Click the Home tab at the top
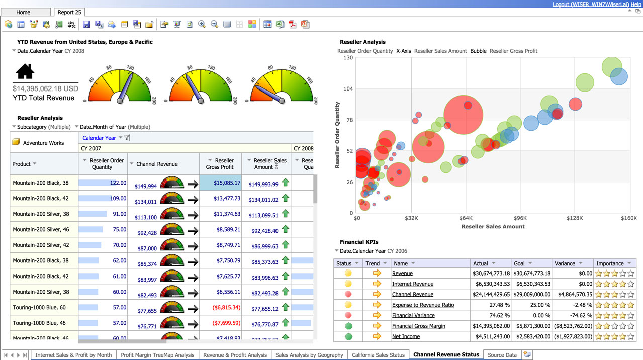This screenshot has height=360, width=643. coord(23,12)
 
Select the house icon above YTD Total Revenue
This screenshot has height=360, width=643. coord(25,72)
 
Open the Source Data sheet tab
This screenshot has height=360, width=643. coord(502,355)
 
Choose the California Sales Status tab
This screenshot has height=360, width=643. coord(378,355)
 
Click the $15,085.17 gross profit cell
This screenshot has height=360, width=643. coord(221,183)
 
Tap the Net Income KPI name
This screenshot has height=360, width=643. coord(406,336)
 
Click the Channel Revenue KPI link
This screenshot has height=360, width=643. coord(412,294)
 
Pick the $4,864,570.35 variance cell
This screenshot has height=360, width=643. coord(573,294)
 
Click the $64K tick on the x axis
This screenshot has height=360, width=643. coord(466,218)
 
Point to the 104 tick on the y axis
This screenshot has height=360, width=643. coord(348,89)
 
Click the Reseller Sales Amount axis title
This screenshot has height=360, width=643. coord(493,227)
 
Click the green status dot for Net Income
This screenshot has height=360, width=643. coord(348,336)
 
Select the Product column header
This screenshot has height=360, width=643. coord(22,164)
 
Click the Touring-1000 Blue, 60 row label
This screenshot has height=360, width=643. coord(39,307)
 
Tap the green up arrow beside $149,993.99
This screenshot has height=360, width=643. coord(286,183)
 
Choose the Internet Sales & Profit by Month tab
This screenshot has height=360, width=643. coord(73,355)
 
